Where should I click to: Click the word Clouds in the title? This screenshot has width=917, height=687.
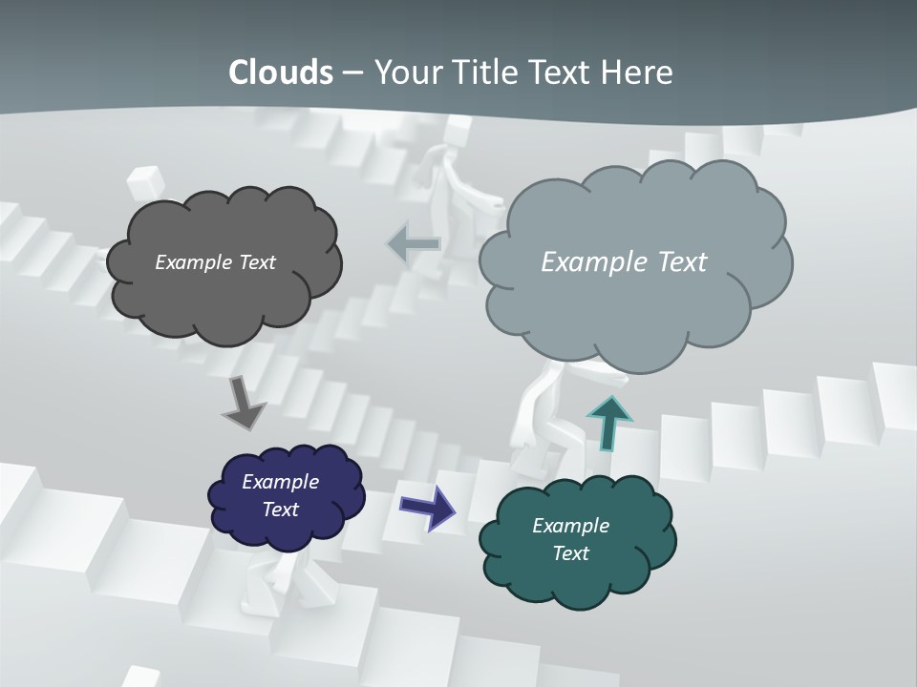click(x=281, y=73)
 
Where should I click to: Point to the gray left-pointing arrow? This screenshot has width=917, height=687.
click(x=414, y=244)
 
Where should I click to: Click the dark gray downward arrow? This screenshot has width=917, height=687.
click(x=244, y=403)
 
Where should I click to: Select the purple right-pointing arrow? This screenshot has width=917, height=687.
click(x=427, y=506)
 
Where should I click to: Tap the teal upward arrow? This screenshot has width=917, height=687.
click(x=610, y=421)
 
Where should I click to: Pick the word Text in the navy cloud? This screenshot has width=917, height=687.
click(x=281, y=510)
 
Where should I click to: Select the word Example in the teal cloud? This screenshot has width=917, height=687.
click(x=570, y=526)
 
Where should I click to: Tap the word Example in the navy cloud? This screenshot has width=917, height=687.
click(x=281, y=482)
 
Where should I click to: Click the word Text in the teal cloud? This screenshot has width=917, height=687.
click(x=570, y=553)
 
